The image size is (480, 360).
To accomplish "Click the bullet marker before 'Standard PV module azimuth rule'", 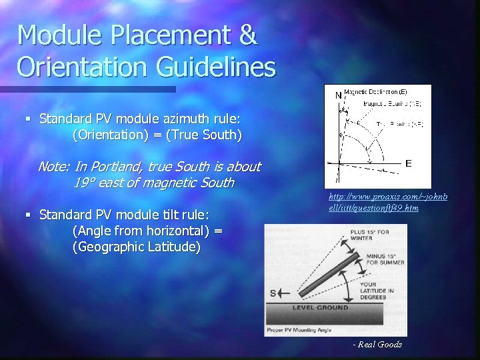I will (29, 119).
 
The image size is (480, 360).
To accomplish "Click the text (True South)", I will (207, 135).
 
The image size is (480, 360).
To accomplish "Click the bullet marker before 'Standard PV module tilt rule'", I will (29, 215).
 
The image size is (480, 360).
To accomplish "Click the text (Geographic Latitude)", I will (127, 247).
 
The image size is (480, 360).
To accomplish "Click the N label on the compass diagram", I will (338, 95).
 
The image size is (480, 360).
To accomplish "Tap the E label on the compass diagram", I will (408, 163).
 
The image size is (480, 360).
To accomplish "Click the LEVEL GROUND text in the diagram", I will (319, 307).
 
